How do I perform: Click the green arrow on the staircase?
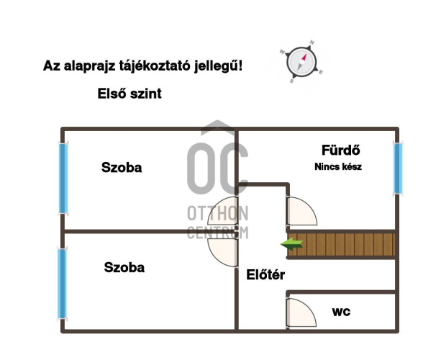(291, 244)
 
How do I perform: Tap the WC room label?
(341, 312)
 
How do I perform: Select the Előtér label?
(265, 275)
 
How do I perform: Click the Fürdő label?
(340, 150)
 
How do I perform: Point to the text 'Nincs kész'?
(338, 166)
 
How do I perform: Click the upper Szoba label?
(122, 168)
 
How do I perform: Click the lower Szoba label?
(124, 267)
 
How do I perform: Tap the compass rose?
(301, 62)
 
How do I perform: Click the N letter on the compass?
(312, 42)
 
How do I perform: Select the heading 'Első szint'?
(130, 94)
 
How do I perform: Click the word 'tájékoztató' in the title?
(155, 66)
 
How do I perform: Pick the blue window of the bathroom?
(398, 168)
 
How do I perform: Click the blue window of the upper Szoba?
(63, 178)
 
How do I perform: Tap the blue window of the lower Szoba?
(62, 284)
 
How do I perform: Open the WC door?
(301, 312)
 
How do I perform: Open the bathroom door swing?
(302, 211)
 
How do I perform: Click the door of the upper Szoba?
(223, 210)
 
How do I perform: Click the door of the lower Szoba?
(223, 253)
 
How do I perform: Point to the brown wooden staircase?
(341, 245)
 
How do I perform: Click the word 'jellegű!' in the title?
(218, 66)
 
